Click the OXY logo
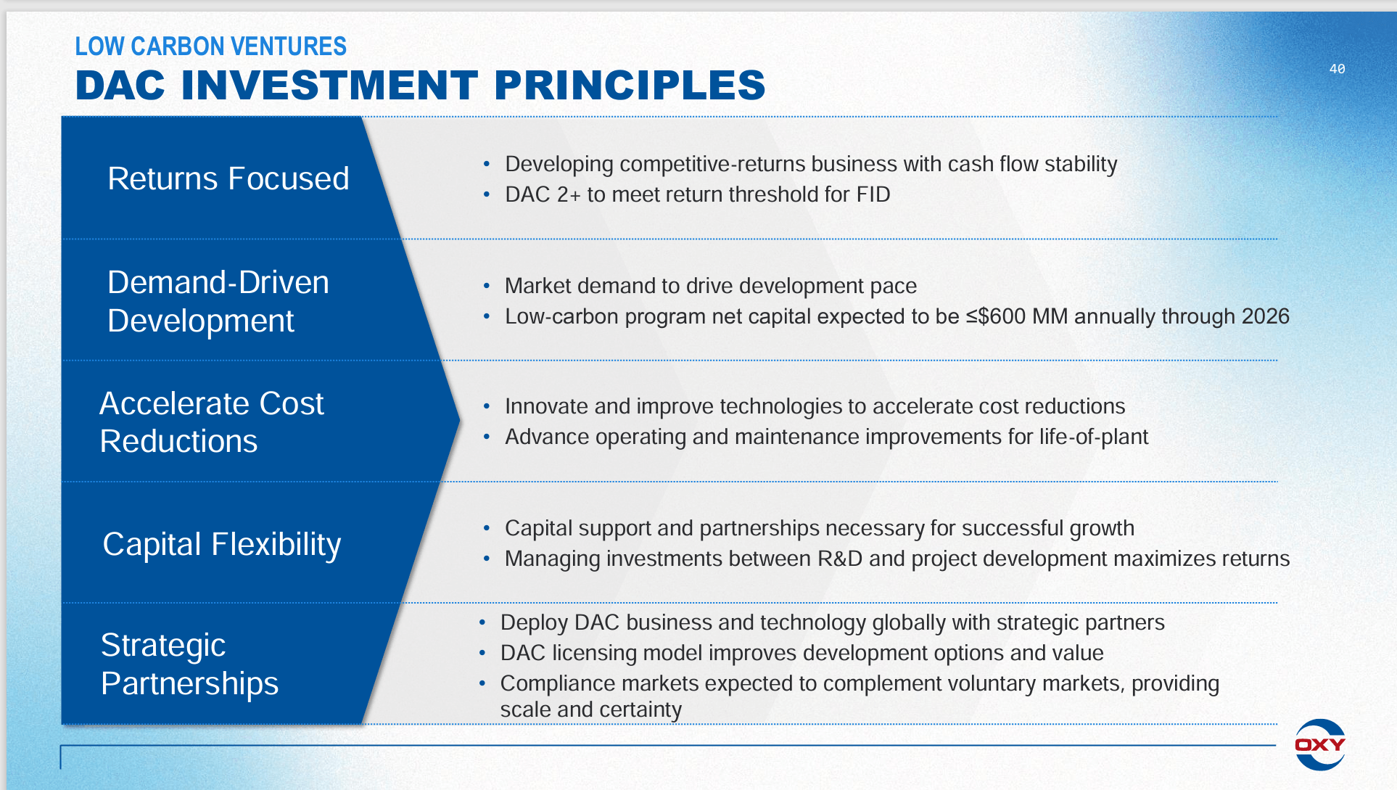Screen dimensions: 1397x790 (x=1320, y=744)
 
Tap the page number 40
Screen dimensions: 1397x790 (x=1337, y=69)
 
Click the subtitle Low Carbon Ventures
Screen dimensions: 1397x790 (x=211, y=46)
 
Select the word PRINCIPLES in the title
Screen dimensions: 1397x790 (x=630, y=86)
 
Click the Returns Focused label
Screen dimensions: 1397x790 (x=228, y=178)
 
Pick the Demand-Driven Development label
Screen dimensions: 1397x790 (x=218, y=301)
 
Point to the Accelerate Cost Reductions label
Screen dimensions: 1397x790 (x=212, y=422)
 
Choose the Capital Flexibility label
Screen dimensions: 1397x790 (x=222, y=545)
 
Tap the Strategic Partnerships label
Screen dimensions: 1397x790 (x=189, y=664)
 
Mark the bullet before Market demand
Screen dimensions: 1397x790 (x=487, y=287)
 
